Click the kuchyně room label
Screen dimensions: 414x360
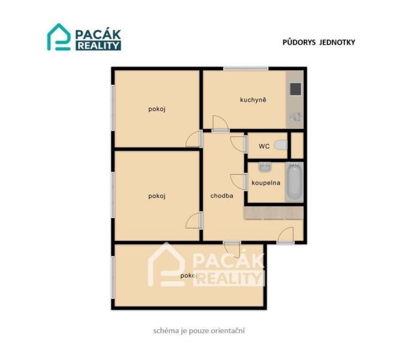(253, 100)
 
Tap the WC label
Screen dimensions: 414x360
(264, 146)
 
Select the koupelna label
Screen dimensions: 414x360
(266, 183)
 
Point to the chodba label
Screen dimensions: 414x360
(222, 196)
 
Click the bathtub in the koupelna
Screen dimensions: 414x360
(295, 182)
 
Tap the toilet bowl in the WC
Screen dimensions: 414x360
(281, 145)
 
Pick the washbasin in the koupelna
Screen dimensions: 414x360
(265, 167)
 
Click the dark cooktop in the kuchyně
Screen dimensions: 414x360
(295, 89)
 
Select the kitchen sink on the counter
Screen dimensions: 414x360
(295, 117)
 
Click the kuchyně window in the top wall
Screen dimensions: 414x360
(246, 68)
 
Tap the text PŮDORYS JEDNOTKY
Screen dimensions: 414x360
(319, 42)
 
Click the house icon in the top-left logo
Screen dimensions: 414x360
(59, 37)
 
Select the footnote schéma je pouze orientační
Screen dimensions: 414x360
(199, 331)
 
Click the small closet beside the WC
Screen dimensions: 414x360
(297, 146)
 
